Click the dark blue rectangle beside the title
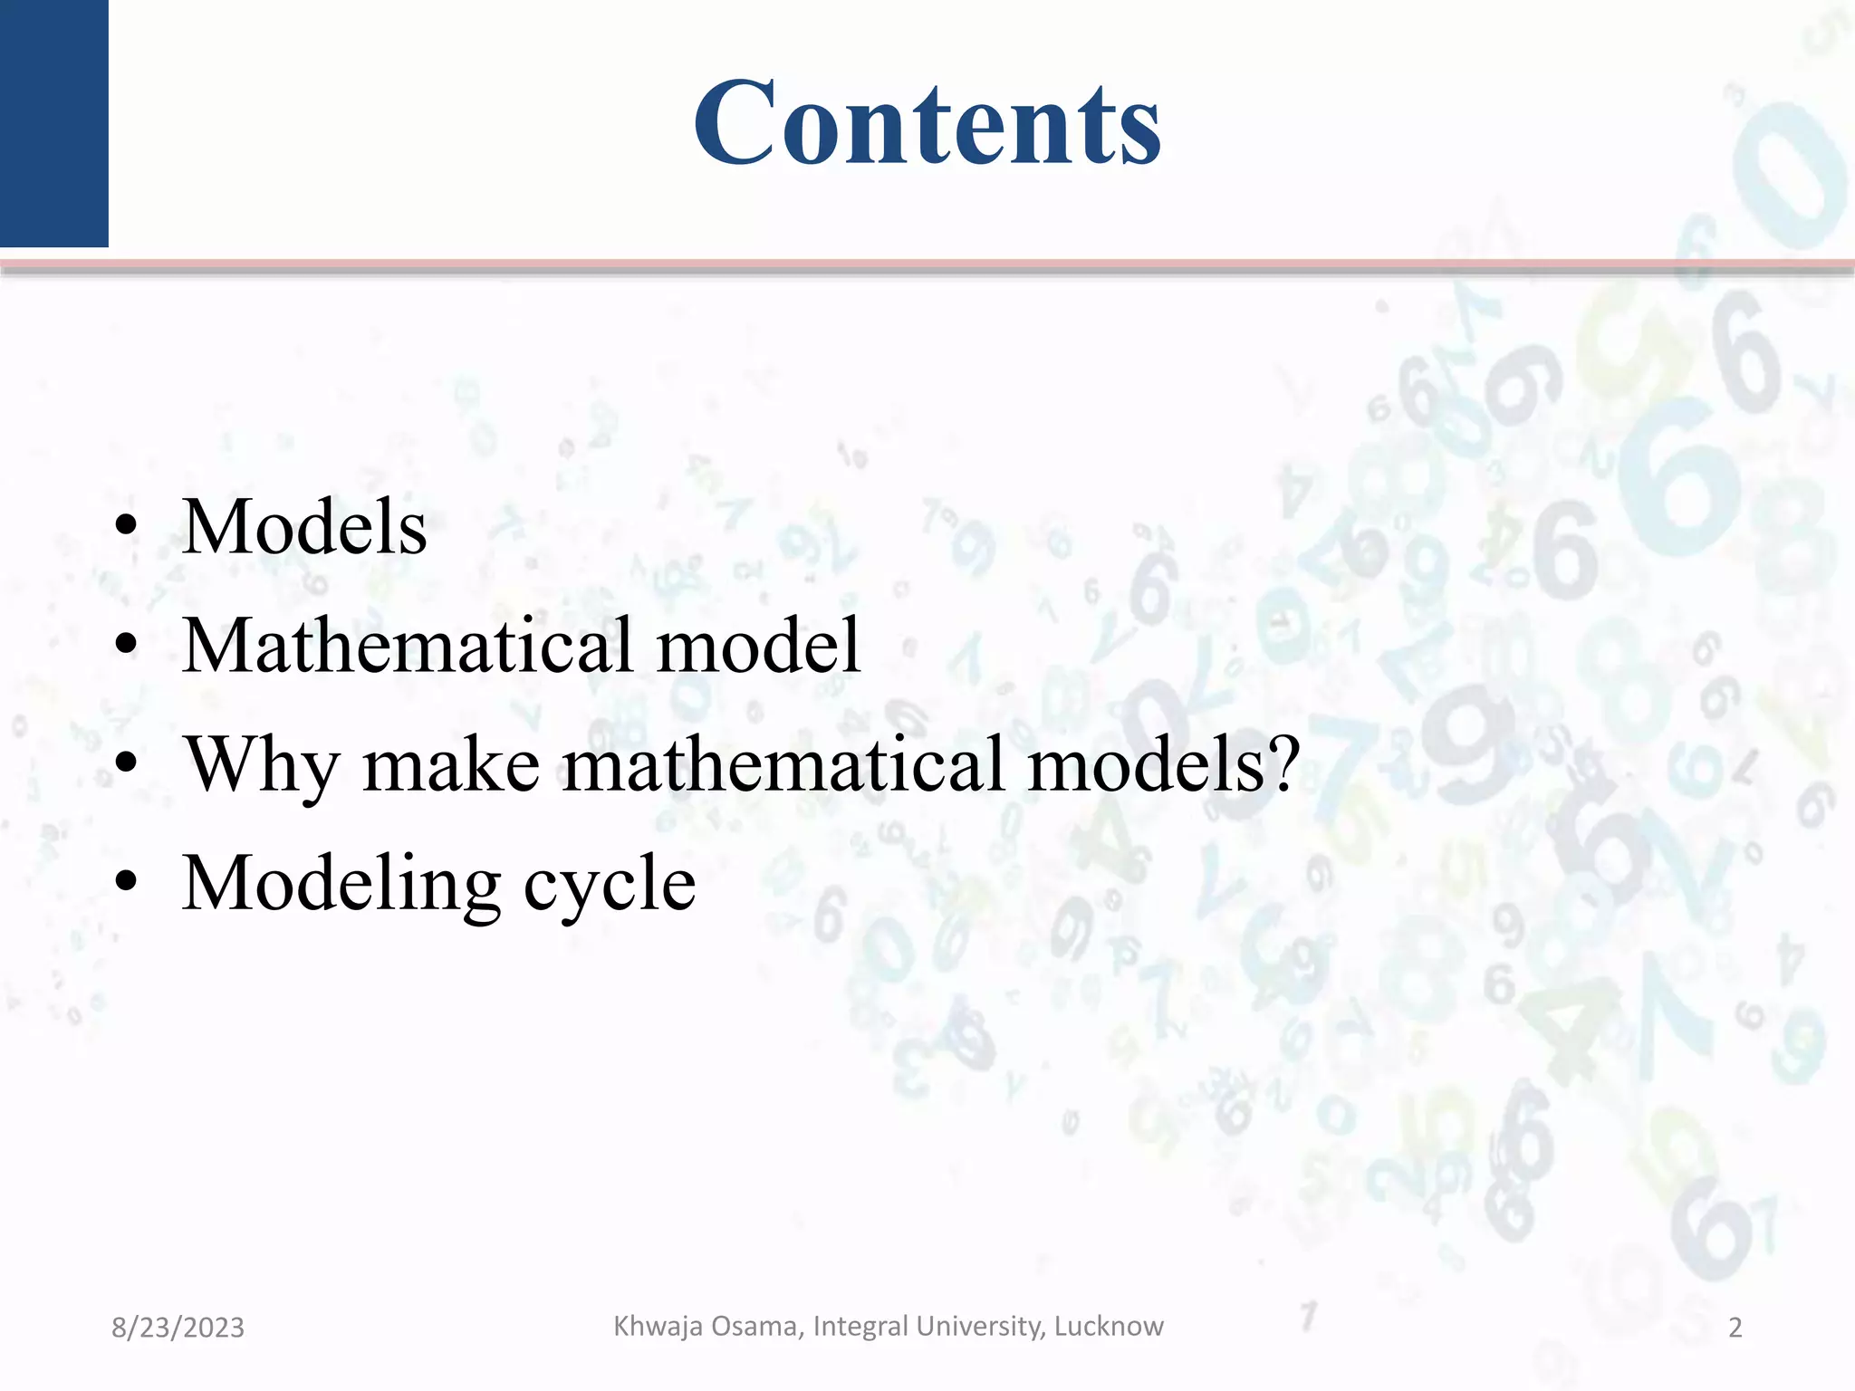click(53, 122)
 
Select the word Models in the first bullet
click(304, 527)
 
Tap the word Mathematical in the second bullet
click(407, 645)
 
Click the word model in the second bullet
click(757, 645)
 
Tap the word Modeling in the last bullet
click(341, 884)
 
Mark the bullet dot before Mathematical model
click(127, 645)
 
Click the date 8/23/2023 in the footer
click(178, 1328)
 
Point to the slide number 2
click(1735, 1328)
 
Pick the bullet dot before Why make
click(127, 763)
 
